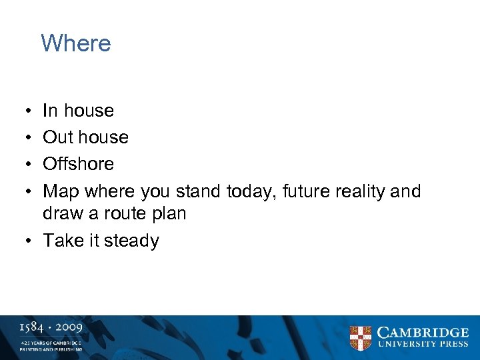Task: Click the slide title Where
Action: [75, 43]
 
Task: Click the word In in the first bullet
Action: [50, 111]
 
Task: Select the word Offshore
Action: [78, 164]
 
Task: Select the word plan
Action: [167, 214]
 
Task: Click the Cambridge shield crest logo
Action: [361, 338]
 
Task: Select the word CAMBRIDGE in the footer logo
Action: [423, 333]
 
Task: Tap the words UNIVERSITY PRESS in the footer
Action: [423, 345]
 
